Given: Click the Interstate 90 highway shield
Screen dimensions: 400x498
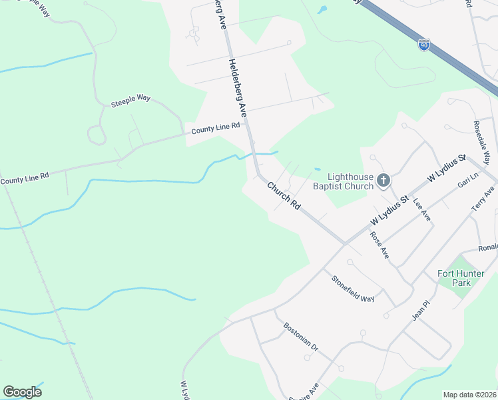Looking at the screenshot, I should [x=424, y=45].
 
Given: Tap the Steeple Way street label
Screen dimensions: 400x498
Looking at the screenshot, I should [x=130, y=99].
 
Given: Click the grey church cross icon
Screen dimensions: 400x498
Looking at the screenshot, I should [x=383, y=180].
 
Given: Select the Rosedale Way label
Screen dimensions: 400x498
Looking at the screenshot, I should [x=482, y=142].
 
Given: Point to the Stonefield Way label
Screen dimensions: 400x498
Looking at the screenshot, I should [x=354, y=288].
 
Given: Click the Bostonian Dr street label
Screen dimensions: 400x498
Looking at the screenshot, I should [x=302, y=338].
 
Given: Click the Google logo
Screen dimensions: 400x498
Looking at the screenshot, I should [x=22, y=392].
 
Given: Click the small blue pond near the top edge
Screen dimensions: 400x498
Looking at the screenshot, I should [x=323, y=10].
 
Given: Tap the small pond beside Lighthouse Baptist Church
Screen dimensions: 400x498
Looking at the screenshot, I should [x=318, y=169].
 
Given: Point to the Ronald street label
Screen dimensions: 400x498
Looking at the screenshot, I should [x=487, y=248].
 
